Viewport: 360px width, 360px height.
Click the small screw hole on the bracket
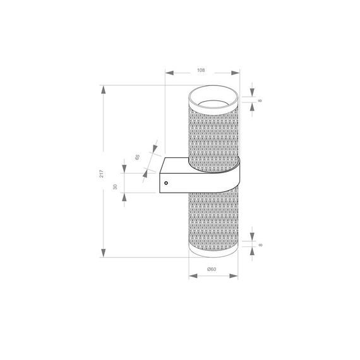pyautogui.click(x=166, y=183)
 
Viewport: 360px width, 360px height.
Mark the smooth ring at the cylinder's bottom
pyautogui.click(x=213, y=253)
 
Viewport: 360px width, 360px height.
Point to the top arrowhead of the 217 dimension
pyautogui.click(x=103, y=89)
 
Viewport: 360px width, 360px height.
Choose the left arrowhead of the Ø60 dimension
pyautogui.click(x=191, y=276)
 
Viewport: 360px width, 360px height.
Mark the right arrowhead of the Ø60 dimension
pyautogui.click(x=234, y=276)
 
